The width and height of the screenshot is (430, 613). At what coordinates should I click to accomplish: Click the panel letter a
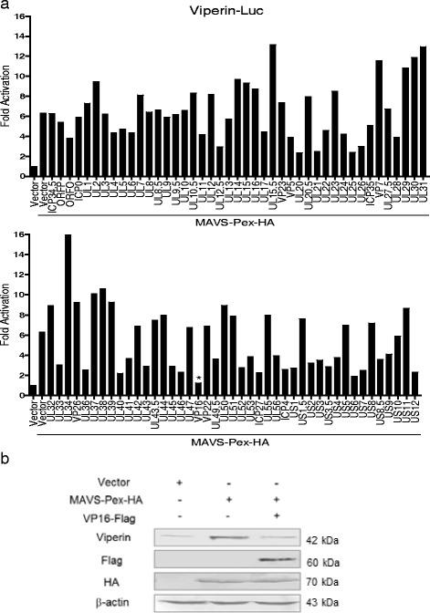tap(6, 7)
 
